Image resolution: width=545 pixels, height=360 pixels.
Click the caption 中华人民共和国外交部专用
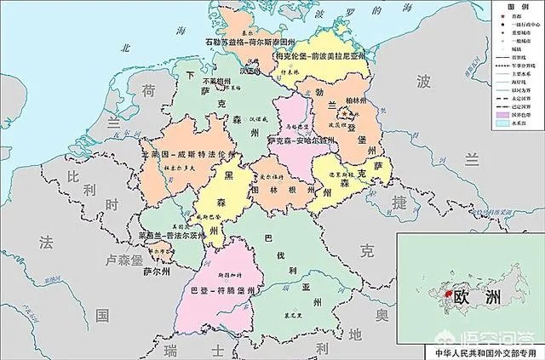pos(481,351)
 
